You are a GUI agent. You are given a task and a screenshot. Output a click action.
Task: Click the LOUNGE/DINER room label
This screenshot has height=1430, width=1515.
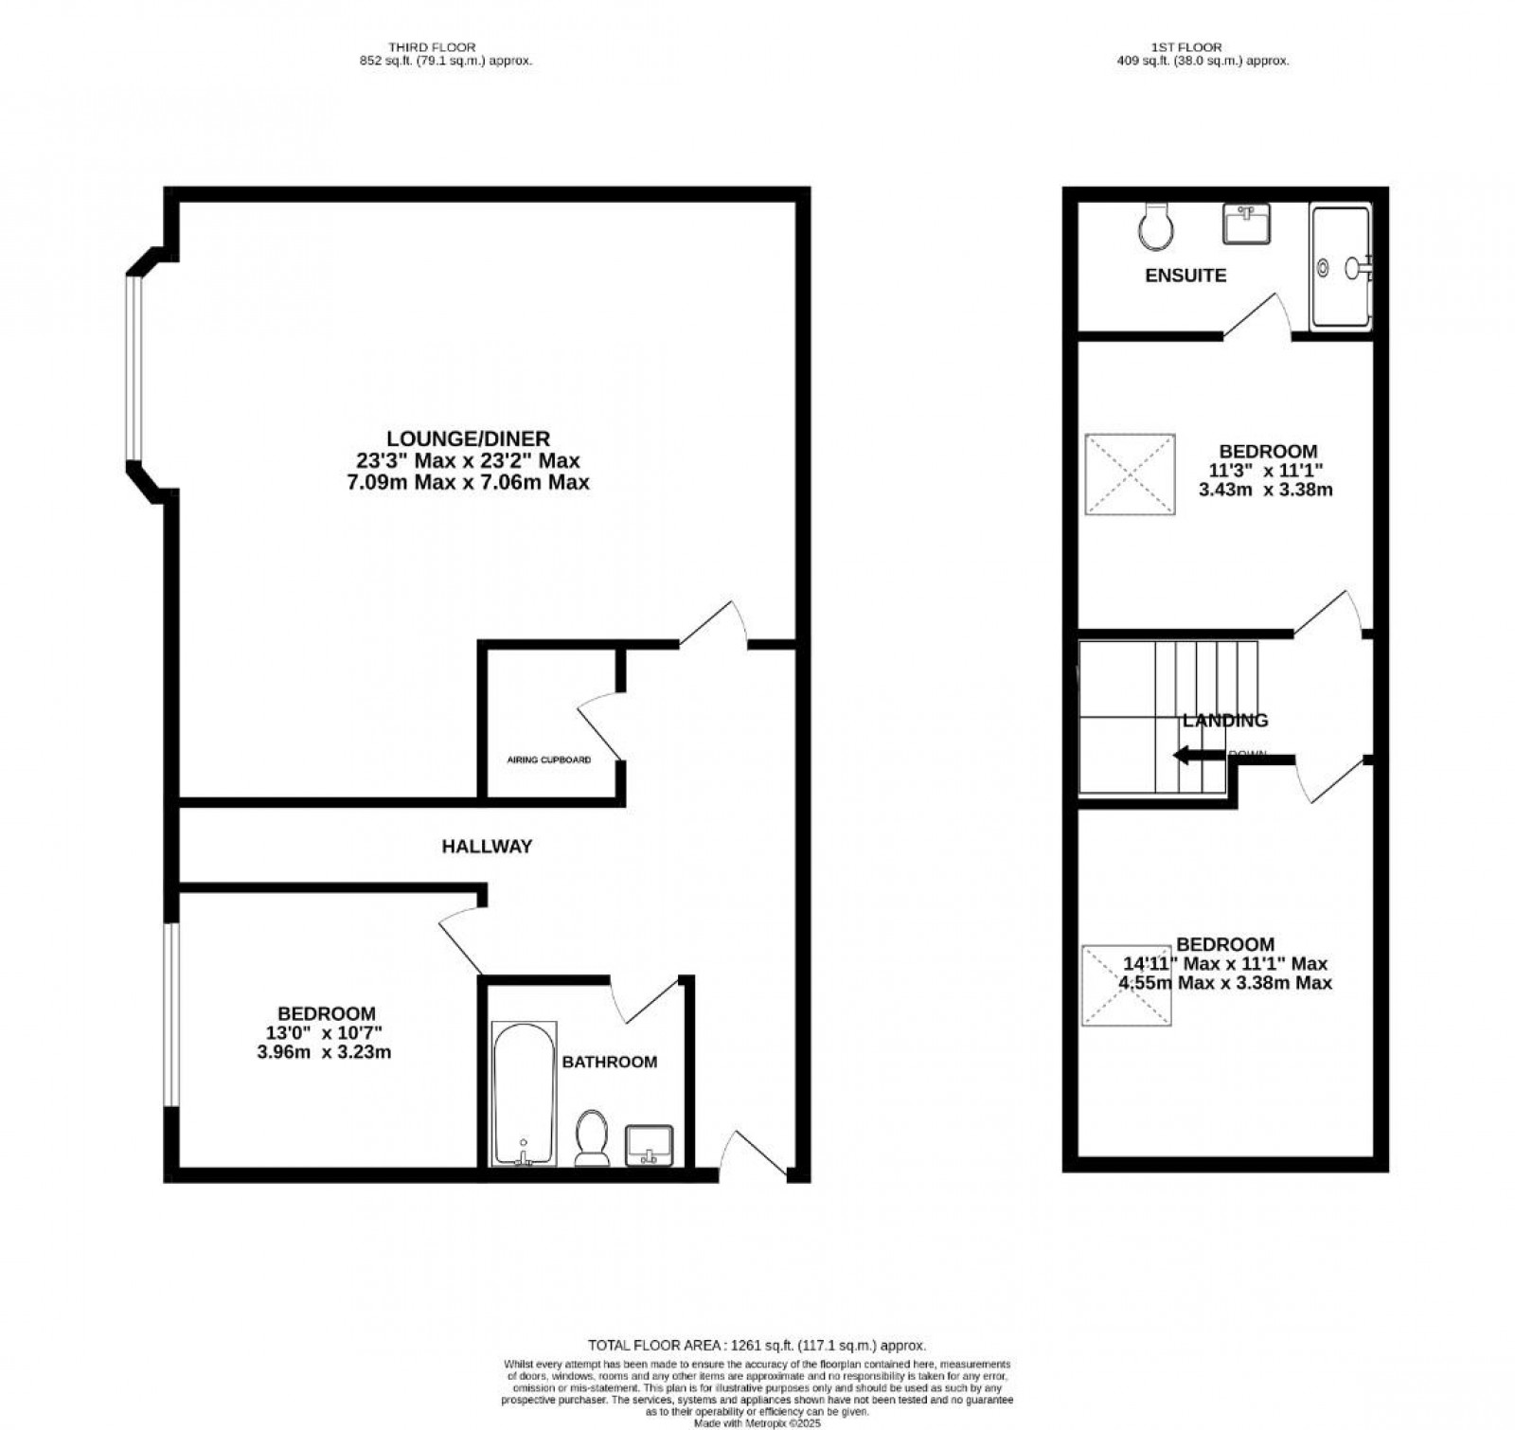point(468,439)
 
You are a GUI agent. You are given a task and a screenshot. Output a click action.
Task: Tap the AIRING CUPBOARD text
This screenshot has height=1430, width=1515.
point(549,760)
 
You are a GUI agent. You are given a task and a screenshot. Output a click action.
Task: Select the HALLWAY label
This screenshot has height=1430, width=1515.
point(487,847)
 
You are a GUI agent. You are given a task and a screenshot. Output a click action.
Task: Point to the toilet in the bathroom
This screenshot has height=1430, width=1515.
point(592,1136)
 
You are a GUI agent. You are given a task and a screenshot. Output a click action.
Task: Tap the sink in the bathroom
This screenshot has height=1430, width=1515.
point(649,1144)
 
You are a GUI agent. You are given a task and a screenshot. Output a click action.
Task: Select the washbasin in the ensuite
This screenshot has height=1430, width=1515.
point(1247,224)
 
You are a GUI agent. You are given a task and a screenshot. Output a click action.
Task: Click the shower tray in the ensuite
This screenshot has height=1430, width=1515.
point(1340,268)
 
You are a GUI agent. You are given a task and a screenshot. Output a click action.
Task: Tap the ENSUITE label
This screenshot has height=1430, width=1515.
point(1185,276)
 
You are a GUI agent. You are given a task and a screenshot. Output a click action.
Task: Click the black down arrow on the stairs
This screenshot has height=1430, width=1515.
point(1198,755)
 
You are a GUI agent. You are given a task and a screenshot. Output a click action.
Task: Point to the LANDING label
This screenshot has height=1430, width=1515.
point(1225,721)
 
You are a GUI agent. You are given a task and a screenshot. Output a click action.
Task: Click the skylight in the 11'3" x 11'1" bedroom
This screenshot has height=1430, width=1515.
point(1130,474)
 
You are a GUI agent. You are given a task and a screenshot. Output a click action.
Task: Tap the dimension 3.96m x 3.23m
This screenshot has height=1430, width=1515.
point(324,1052)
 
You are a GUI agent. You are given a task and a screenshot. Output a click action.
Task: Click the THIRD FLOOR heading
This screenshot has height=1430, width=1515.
point(432,46)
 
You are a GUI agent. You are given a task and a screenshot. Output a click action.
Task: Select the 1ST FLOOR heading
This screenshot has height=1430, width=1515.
point(1200,46)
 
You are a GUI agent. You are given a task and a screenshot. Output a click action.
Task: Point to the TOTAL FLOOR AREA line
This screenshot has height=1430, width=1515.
point(757,1345)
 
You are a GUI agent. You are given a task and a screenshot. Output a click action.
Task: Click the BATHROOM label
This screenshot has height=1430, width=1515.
point(609,1063)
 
